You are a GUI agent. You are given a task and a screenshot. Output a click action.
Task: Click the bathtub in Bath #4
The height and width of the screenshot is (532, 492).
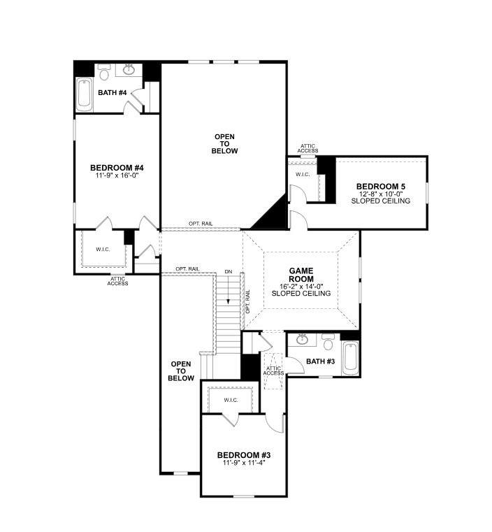(84, 94)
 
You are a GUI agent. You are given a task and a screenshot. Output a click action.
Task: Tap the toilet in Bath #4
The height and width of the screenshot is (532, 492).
(104, 73)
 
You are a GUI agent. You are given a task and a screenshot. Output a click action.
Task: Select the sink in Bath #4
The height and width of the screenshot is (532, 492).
(129, 69)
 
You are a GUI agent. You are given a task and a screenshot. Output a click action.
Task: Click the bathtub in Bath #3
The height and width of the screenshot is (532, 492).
(350, 358)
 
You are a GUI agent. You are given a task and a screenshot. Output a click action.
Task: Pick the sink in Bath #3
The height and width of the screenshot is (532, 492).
(302, 339)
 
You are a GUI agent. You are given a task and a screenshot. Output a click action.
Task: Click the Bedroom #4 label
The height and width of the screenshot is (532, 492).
(117, 168)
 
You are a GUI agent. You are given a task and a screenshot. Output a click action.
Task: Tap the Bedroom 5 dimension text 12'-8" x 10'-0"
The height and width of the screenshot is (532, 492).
(381, 194)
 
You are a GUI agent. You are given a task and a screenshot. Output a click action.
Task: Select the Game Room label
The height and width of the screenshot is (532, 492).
(301, 275)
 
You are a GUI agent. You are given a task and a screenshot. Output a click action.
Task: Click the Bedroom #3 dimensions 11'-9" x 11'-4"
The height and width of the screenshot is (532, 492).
(244, 463)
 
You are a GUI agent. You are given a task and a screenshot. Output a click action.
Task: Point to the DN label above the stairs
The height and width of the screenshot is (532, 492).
(229, 272)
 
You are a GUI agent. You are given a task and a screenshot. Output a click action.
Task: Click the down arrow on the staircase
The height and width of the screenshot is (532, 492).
(229, 289)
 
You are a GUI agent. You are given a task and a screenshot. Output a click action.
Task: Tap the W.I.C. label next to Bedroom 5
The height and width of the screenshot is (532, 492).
(303, 174)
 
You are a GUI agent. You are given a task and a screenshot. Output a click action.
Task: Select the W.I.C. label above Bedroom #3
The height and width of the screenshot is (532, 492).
(231, 400)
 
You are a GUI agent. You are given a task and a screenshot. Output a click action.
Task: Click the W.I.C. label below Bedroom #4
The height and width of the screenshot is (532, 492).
(103, 250)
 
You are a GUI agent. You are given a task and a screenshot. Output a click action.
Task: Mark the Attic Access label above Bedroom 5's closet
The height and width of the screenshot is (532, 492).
(308, 148)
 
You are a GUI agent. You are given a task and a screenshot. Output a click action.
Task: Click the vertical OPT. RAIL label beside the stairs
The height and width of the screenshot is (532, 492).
(247, 301)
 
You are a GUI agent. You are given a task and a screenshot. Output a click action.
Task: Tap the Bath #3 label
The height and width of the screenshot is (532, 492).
(320, 361)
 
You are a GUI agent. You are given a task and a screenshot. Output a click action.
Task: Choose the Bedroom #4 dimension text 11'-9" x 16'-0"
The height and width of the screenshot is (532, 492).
(117, 175)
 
